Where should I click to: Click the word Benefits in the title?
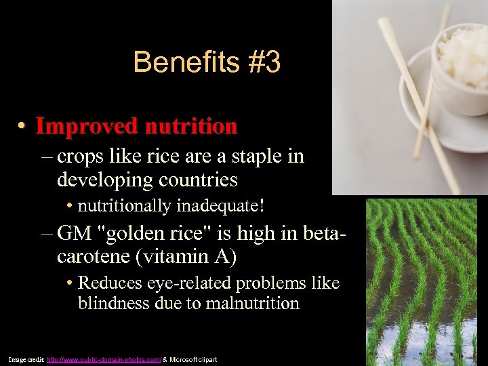(x=178, y=62)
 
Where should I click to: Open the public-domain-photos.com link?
(x=104, y=359)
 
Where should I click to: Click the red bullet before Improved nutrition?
(x=22, y=127)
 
